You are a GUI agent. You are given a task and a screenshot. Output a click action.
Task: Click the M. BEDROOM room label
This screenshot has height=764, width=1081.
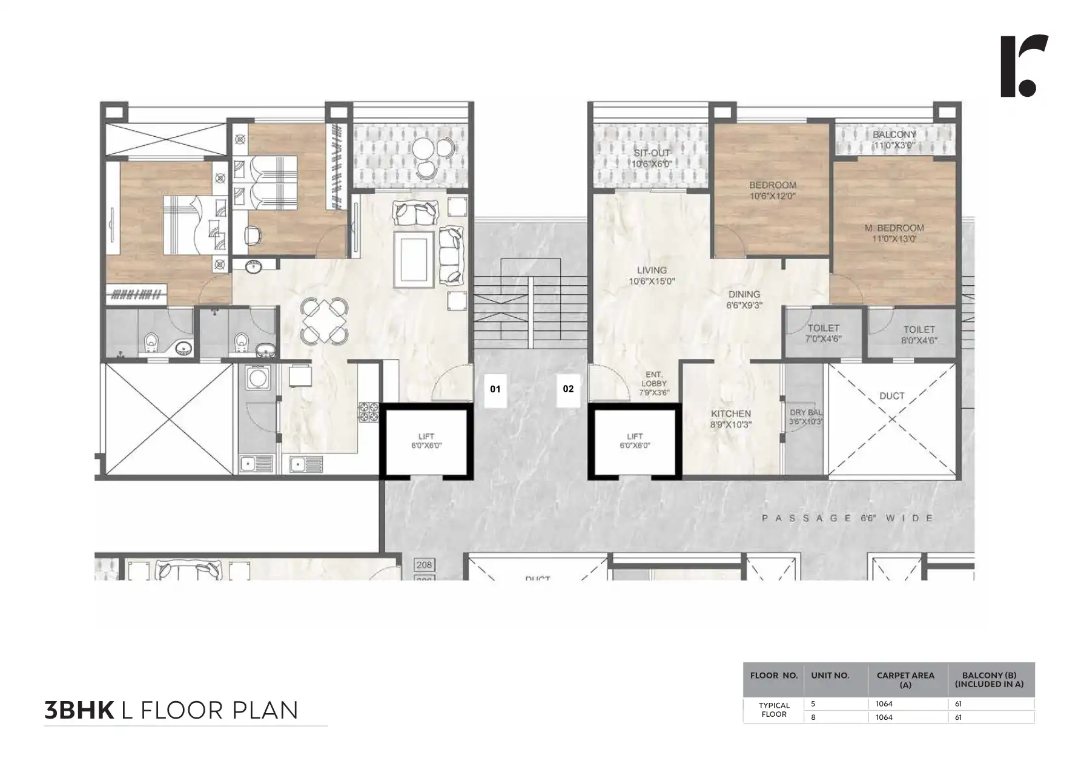click(894, 233)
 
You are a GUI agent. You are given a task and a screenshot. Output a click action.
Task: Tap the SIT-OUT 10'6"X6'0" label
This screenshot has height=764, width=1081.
click(652, 159)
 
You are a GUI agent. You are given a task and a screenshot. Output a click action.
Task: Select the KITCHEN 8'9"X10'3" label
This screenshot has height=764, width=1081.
click(730, 419)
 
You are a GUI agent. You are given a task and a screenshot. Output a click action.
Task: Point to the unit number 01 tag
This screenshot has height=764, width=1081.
click(495, 389)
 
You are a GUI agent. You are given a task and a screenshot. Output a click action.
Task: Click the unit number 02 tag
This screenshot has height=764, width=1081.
click(568, 389)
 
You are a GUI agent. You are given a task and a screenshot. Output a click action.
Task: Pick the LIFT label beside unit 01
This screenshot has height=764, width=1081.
click(426, 441)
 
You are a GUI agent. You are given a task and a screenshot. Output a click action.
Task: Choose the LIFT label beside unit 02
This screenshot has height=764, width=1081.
click(635, 441)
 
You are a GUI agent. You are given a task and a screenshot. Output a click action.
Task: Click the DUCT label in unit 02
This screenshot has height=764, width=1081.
click(891, 396)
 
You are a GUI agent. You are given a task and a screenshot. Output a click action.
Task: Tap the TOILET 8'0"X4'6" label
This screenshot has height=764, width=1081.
click(919, 335)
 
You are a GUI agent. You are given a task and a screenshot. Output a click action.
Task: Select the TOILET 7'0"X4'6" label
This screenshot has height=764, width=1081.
click(824, 334)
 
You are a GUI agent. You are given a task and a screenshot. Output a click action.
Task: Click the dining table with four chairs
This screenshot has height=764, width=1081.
click(325, 320)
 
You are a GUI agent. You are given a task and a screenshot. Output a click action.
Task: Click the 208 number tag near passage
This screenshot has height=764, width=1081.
click(424, 565)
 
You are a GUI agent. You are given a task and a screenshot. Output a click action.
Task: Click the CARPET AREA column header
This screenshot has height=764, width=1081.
click(905, 679)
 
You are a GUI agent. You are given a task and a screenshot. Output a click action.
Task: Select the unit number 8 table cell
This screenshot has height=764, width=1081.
click(813, 717)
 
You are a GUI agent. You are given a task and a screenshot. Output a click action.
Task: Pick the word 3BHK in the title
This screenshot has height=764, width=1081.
click(79, 710)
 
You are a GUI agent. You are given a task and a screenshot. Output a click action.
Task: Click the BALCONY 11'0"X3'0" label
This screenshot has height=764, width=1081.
click(894, 140)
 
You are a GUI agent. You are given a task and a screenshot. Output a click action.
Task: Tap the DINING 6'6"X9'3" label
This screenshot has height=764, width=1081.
click(744, 300)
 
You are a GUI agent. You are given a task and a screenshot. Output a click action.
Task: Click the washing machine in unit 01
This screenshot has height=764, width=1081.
click(259, 378)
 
